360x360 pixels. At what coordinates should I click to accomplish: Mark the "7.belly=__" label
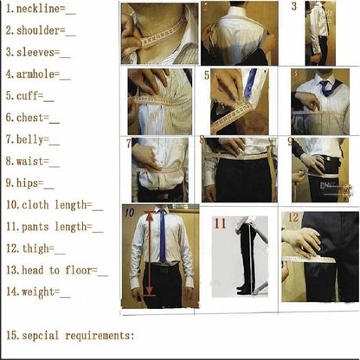tap(32, 139)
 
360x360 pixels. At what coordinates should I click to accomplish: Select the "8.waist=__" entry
tap(32, 161)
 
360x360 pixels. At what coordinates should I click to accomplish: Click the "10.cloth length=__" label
tap(53, 205)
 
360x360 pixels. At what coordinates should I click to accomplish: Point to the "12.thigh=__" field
tap(34, 248)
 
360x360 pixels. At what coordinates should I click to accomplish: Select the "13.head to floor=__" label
tap(56, 270)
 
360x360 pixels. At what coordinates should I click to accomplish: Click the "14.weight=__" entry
tap(37, 292)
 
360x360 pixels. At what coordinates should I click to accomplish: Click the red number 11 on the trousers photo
tap(221, 223)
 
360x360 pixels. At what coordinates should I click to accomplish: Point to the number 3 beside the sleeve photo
tap(293, 7)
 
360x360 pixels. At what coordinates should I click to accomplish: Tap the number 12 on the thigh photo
tap(292, 217)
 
